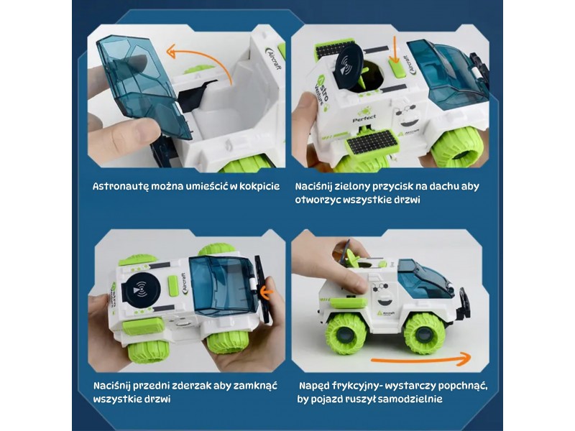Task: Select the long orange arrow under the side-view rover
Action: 420,358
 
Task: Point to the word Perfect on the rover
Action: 364,119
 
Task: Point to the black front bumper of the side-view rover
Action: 463,302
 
